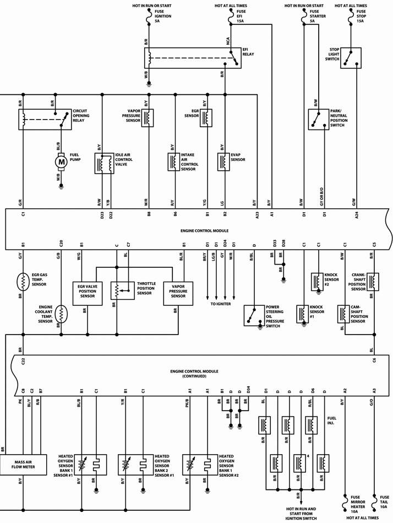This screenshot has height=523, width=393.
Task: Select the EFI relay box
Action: point(193,58)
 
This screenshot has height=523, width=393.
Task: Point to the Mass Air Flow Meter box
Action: point(25,467)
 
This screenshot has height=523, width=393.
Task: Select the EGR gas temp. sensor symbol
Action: point(24,281)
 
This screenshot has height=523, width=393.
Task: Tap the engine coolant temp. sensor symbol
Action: point(62,315)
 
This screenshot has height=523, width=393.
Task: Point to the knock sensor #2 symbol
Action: point(318,282)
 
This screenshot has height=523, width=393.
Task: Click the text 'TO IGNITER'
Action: point(220,304)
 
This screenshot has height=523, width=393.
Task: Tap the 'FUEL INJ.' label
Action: point(332,420)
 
